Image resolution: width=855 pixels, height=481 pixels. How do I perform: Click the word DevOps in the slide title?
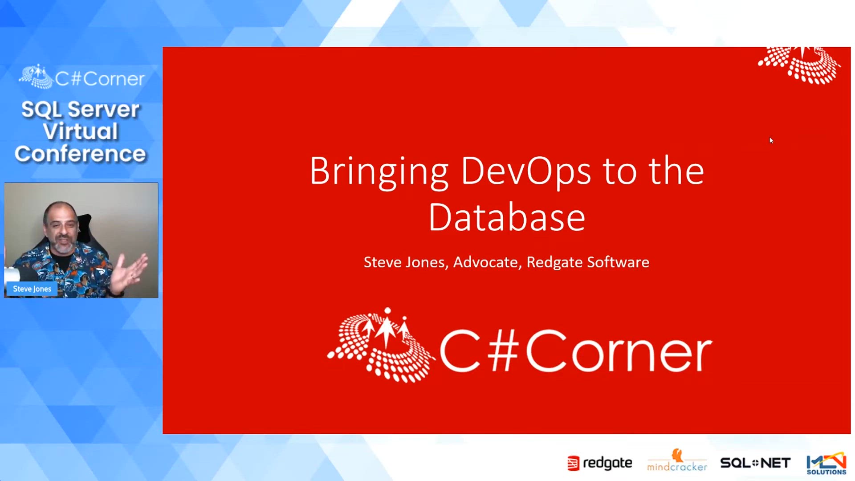point(525,171)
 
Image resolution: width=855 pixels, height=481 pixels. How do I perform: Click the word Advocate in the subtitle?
point(485,262)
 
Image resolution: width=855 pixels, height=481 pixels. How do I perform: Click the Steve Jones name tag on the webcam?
point(32,289)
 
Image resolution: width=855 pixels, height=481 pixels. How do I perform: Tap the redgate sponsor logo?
point(599,464)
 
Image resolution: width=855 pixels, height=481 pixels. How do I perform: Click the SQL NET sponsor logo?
point(755,463)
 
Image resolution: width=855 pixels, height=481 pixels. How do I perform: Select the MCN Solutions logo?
point(826,464)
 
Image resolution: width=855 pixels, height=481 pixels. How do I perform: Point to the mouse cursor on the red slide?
point(771,140)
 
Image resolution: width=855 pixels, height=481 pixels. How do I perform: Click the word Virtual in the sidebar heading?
point(81,131)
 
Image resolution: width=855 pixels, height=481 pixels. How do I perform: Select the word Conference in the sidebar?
point(80,154)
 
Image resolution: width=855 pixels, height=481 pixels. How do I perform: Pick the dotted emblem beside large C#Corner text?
point(380,346)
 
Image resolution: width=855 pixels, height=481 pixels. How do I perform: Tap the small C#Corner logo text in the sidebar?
point(99,79)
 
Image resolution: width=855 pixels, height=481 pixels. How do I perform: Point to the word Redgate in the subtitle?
point(554,262)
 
